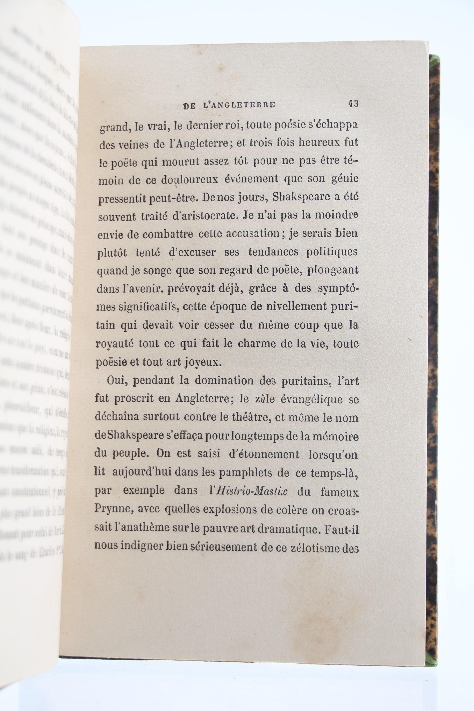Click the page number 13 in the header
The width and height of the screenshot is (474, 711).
click(x=353, y=104)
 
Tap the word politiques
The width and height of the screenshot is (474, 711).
click(x=332, y=252)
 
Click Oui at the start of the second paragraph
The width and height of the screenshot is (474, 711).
click(x=116, y=381)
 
